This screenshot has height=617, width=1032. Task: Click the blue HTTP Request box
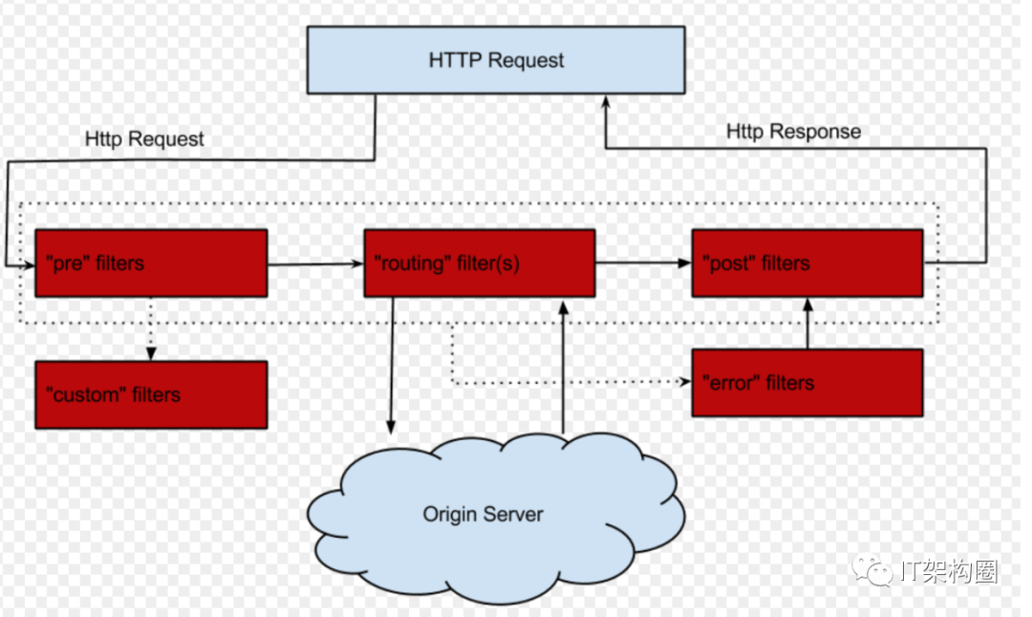[x=496, y=60]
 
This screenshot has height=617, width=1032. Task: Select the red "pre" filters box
[x=151, y=263]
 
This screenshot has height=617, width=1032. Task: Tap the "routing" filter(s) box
[x=479, y=263]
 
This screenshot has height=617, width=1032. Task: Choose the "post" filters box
[x=806, y=263]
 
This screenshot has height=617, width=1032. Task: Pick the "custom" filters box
[x=151, y=394]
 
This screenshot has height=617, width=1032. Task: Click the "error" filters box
[x=806, y=383]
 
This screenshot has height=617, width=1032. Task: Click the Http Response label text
[x=793, y=132]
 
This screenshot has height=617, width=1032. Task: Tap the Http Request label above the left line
[x=144, y=138]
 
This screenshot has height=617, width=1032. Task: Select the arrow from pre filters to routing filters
[x=315, y=264]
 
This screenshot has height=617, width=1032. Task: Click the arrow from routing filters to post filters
[x=643, y=263]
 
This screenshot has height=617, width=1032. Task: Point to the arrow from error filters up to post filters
[x=807, y=323]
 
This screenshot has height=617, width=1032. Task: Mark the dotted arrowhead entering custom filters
[x=151, y=354]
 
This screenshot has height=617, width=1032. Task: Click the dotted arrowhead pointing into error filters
[x=685, y=381]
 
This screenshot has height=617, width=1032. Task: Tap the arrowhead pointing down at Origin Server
[x=391, y=428]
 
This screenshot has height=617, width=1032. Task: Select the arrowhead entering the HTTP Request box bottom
[x=606, y=101]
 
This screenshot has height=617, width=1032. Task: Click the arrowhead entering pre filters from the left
[x=29, y=266]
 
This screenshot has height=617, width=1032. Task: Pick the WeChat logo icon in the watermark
[x=872, y=569]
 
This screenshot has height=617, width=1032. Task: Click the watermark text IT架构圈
[x=949, y=571]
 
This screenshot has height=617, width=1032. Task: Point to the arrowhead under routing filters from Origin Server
[x=563, y=307]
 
